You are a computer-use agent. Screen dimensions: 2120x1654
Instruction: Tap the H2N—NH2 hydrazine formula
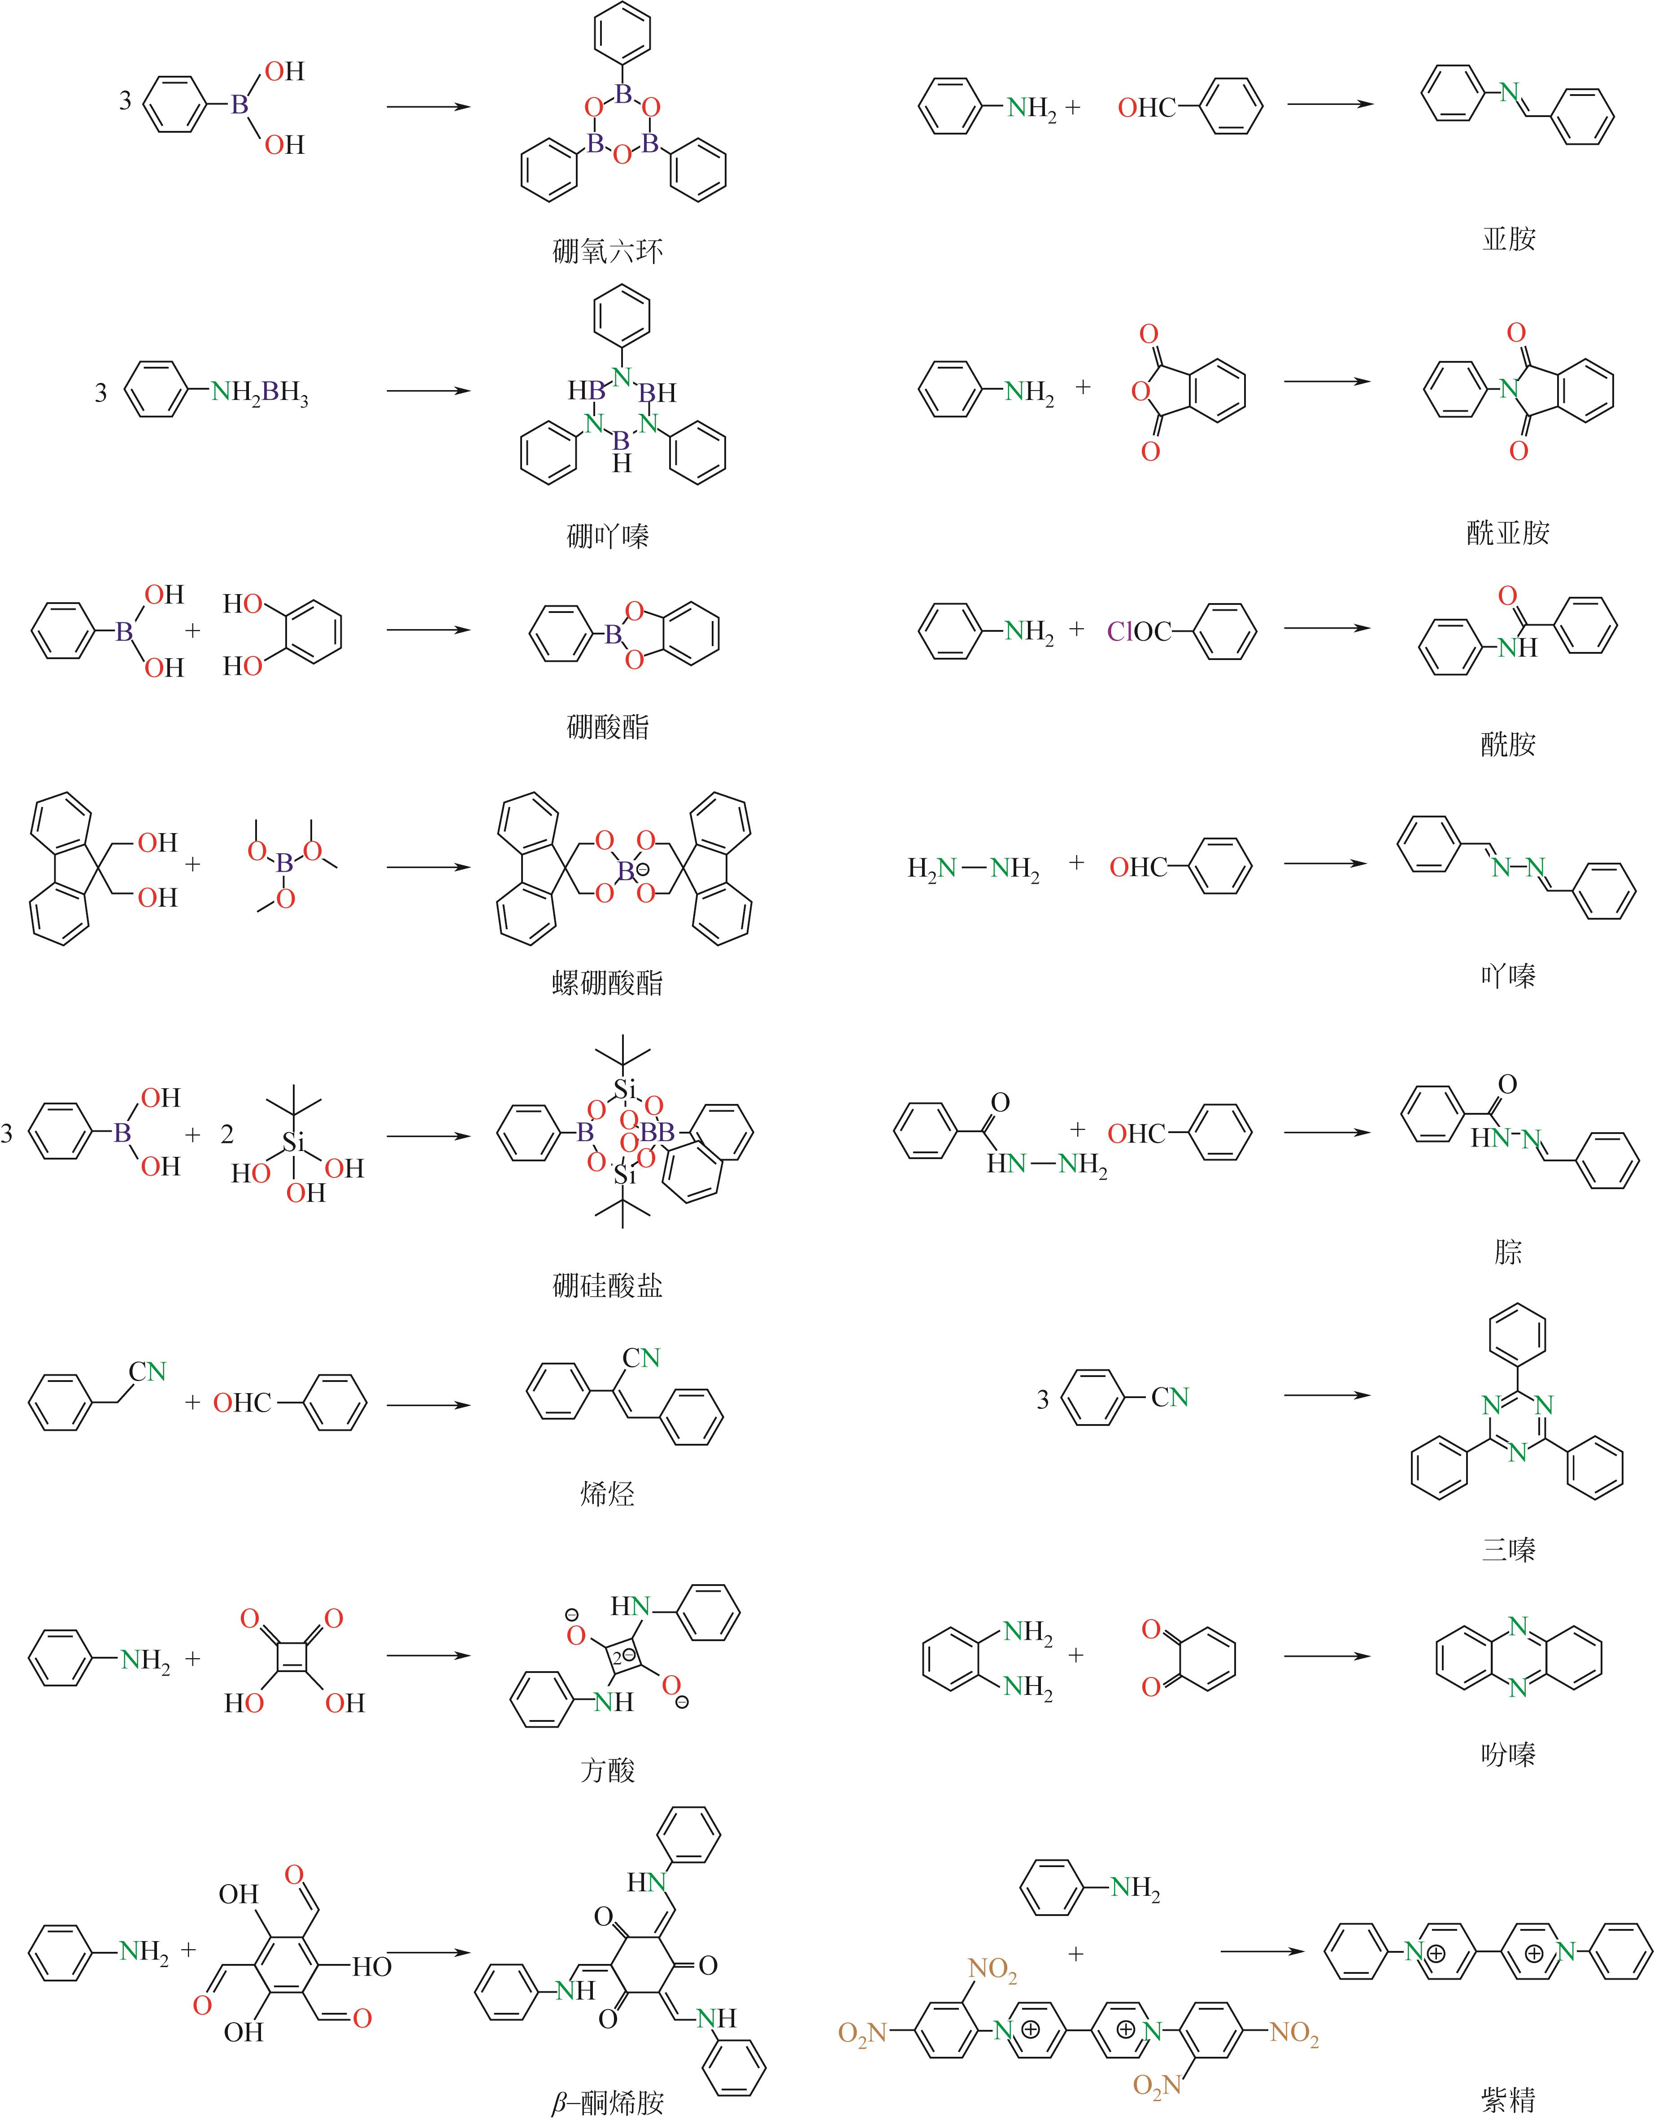973,869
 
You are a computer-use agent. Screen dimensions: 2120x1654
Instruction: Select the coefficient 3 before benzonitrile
1042,1400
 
